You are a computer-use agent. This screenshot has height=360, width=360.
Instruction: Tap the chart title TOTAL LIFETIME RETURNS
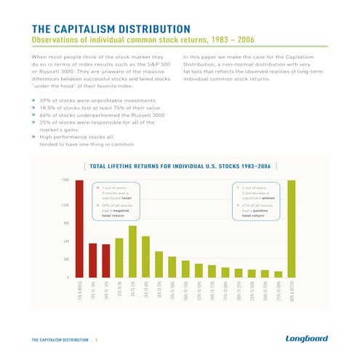coord(180,167)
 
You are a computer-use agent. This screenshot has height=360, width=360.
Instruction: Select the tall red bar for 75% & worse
coord(79,228)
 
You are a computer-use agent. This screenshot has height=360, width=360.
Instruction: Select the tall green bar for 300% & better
coord(292,228)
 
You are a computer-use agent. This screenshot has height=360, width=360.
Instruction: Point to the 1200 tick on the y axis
coord(65,204)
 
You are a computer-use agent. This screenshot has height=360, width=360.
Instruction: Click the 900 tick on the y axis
coord(66,223)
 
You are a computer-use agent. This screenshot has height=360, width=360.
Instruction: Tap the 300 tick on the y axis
coord(66,259)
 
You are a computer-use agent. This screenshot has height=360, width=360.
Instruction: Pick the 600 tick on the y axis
coord(66,241)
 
